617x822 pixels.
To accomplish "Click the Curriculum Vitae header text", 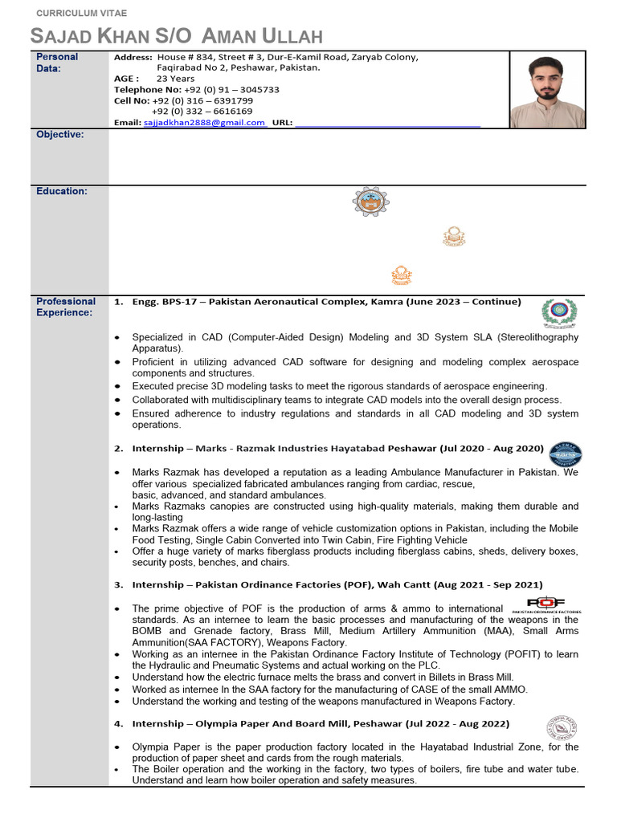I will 79,14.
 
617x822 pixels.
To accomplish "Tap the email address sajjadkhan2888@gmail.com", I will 204,123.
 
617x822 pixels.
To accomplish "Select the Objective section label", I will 60,135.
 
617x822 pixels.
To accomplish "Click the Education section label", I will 62,191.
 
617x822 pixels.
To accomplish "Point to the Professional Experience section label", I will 66,307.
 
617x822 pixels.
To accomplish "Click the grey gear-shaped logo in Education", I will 370,201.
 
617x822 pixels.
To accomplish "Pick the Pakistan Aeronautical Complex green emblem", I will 559,314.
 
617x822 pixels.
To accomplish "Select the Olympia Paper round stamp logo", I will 562,729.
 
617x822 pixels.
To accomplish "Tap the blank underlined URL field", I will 387,123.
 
